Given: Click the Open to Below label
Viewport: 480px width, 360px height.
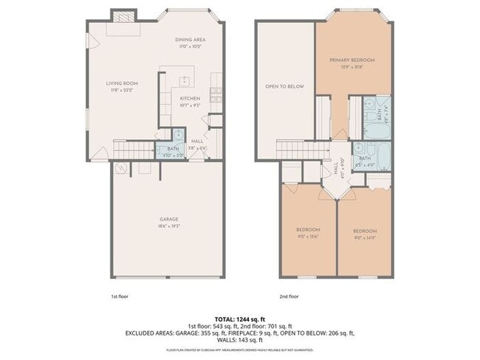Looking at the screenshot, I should click(x=284, y=86).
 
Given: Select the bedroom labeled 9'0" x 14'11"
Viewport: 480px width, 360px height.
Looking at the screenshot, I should click(x=365, y=232).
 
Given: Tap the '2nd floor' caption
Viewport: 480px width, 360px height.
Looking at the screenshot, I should click(x=289, y=295).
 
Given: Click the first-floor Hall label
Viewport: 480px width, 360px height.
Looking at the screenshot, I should click(x=197, y=142).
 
